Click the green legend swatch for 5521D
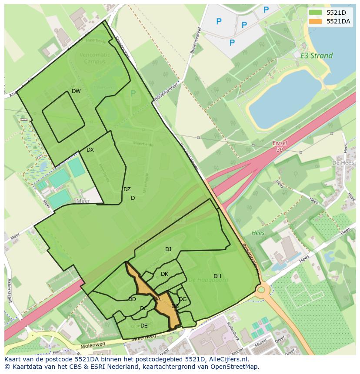pyautogui.click(x=316, y=13)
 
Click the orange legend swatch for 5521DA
pyautogui.click(x=316, y=21)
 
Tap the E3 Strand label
pyautogui.click(x=316, y=56)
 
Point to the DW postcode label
pyautogui.click(x=76, y=91)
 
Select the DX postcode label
pyautogui.click(x=90, y=150)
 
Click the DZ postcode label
pyautogui.click(x=127, y=189)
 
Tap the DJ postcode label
pyautogui.click(x=168, y=249)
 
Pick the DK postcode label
pyautogui.click(x=164, y=274)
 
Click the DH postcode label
pyautogui.click(x=217, y=276)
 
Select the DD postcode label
pyautogui.click(x=132, y=299)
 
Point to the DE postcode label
pyautogui.click(x=144, y=326)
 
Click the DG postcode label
pyautogui.click(x=183, y=299)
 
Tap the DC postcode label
pyautogui.click(x=143, y=309)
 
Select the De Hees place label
pyautogui.click(x=341, y=162)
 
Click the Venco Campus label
pyautogui.click(x=95, y=58)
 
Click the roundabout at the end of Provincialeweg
pyautogui.click(x=262, y=289)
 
